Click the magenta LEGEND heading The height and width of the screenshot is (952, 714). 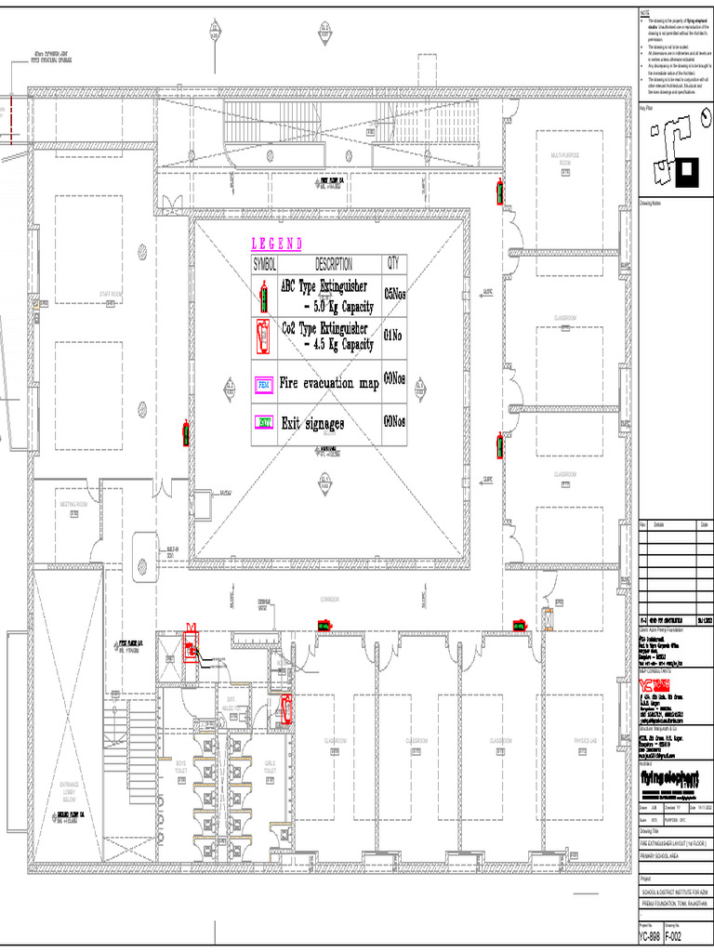(x=277, y=244)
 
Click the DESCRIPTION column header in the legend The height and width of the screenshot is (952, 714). (x=333, y=264)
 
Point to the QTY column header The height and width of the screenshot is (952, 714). (x=394, y=264)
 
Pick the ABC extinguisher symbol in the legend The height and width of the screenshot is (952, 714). (x=265, y=297)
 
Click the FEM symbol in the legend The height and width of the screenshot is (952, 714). (x=264, y=383)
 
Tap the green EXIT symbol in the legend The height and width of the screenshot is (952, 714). (x=264, y=423)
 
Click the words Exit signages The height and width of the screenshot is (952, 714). (x=312, y=424)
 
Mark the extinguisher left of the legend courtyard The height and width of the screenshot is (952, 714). (x=186, y=433)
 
